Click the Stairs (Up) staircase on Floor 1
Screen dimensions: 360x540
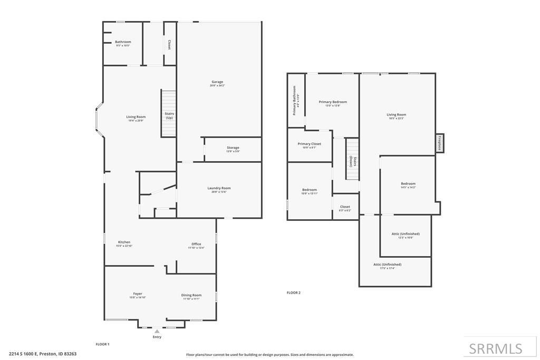169,113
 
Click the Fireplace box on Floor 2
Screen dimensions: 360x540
439,143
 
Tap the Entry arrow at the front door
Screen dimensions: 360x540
157,332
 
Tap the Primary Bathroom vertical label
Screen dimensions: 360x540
296,100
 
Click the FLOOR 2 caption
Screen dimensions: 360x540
293,293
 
